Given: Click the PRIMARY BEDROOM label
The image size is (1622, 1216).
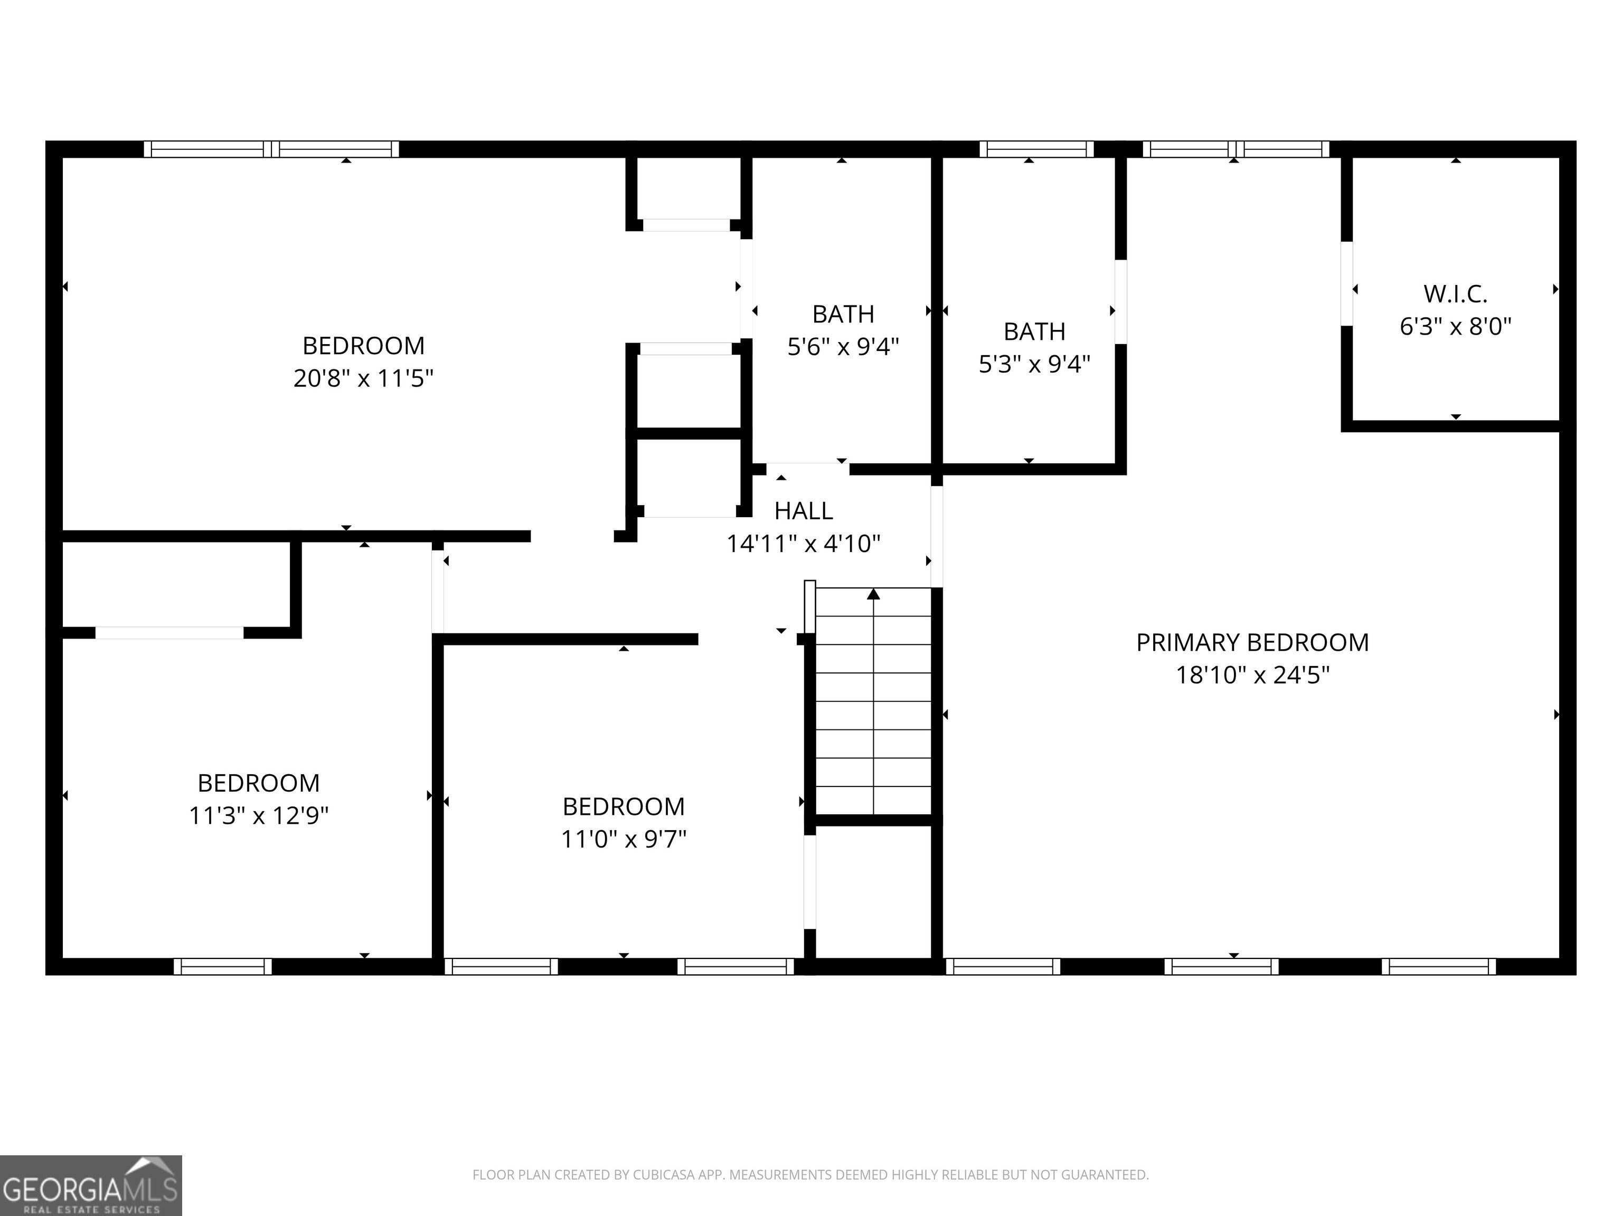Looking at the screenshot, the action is pos(1252,642).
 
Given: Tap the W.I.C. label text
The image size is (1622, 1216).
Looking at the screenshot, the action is pos(1456,294).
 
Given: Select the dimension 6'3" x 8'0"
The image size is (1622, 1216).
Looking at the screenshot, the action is pos(1456,326).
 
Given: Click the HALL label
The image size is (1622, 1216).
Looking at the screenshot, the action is pos(804,511).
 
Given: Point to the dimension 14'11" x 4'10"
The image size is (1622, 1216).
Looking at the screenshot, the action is pos(804,543).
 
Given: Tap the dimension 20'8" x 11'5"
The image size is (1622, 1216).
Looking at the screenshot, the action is pos(364,378).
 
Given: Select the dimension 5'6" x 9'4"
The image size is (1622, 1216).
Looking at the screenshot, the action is pos(843,346).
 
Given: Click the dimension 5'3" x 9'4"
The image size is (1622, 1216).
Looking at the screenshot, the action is pos(1035,364).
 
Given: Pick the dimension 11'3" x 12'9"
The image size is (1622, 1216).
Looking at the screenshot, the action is pos(259,815).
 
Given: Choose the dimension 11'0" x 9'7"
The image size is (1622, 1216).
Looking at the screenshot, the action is pos(624,839).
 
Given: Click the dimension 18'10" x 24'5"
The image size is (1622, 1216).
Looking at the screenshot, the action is pos(1252,674).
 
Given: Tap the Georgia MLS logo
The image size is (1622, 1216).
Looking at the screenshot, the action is pos(91,1186).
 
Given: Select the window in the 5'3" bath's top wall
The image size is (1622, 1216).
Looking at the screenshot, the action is pos(1036,149).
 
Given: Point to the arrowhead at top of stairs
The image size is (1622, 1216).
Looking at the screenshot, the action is pos(873,594).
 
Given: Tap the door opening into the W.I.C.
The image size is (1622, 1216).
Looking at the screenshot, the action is pos(1346,283).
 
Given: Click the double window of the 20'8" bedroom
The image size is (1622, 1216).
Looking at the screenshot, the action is pos(271,149).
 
